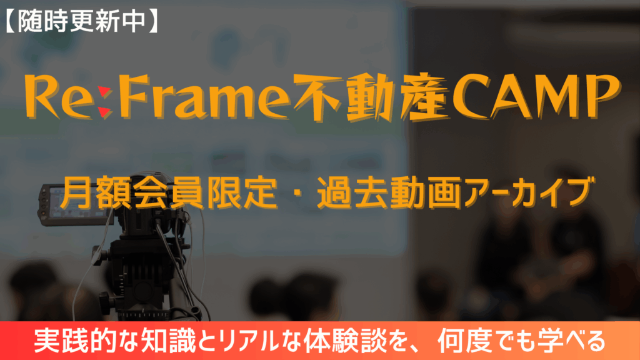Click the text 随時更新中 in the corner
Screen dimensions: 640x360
pos(82,21)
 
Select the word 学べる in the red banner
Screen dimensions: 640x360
pos(571,341)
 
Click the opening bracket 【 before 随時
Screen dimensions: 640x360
pos(10,21)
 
